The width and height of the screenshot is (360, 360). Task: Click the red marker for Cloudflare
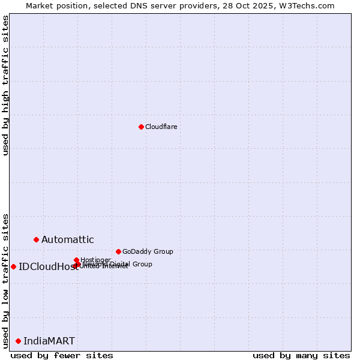[141, 127]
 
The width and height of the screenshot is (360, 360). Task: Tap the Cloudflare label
[161, 127]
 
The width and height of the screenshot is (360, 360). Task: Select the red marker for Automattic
[36, 239]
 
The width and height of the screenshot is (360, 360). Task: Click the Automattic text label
[67, 239]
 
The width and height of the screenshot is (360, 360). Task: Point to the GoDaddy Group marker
[118, 251]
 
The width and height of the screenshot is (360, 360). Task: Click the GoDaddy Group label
[147, 251]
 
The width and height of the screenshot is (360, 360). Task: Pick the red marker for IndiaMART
[18, 341]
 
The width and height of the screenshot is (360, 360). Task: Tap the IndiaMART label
[49, 341]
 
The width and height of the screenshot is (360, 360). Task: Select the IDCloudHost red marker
[13, 266]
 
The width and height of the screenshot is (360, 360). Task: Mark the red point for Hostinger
[76, 260]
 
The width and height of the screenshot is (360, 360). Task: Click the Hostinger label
[95, 260]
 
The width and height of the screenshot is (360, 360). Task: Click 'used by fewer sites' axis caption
[62, 355]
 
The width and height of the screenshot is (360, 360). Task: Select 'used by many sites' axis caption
[301, 355]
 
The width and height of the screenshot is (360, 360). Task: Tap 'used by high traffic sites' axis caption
[5, 86]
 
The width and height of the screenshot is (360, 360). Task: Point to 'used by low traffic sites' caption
[5, 281]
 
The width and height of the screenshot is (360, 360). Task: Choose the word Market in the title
[40, 5]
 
